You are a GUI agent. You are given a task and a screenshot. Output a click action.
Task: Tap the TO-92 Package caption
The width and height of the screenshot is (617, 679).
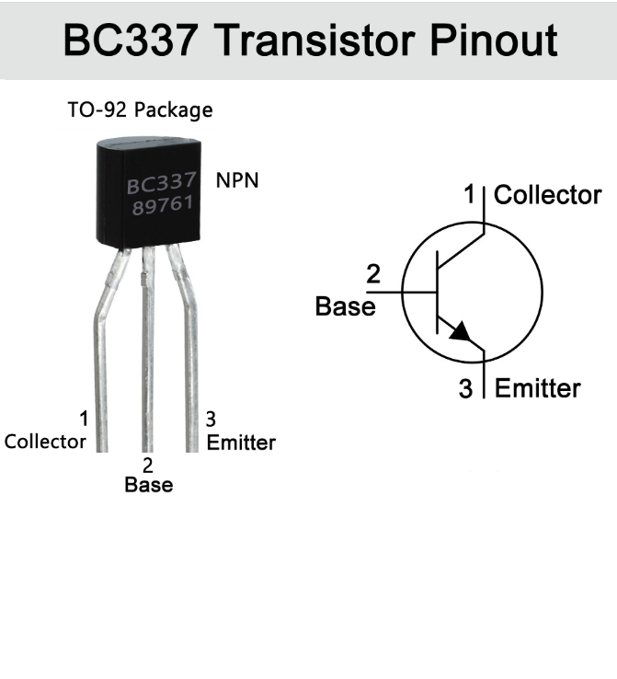[140, 110]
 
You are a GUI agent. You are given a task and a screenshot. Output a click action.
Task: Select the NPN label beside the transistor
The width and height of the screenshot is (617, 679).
[237, 180]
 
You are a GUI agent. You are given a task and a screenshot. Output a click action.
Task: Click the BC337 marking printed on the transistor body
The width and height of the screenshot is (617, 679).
[162, 184]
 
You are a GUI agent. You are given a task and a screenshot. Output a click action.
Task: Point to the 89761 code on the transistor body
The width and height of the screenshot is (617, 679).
[162, 205]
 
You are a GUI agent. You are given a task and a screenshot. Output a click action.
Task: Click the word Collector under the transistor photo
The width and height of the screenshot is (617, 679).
[45, 442]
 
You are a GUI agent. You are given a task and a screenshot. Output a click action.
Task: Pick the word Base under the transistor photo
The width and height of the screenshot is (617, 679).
[149, 484]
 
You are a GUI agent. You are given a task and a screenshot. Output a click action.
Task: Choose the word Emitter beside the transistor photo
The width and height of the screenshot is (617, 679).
[241, 443]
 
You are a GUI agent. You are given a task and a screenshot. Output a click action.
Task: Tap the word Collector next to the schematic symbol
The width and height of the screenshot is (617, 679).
[547, 195]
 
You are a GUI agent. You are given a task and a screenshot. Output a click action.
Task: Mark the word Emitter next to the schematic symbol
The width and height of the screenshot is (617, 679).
[537, 388]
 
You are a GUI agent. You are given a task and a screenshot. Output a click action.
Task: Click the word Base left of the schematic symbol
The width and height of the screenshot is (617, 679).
[345, 306]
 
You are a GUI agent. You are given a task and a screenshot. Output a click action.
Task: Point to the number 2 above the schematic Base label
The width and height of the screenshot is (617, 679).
[373, 274]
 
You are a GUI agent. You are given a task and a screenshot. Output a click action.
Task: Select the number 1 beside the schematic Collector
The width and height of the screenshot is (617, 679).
[470, 194]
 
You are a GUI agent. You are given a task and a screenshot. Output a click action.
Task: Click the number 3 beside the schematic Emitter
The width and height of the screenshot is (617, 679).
[465, 388]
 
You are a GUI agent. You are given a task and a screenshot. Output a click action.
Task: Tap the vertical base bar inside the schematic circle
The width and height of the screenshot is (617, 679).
[438, 293]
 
